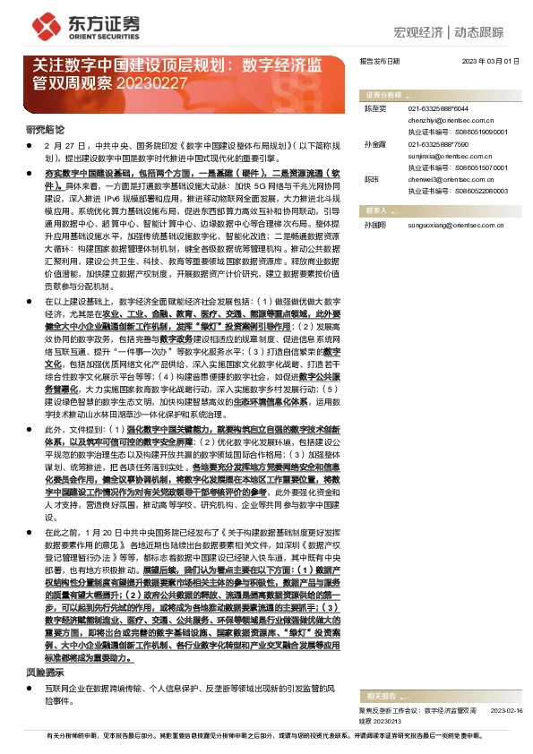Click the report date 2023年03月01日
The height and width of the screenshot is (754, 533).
(x=490, y=62)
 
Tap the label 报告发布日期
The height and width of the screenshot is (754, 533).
(x=379, y=62)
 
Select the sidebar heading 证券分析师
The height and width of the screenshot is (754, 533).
(x=384, y=94)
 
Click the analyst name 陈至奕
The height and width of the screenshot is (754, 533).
(x=374, y=107)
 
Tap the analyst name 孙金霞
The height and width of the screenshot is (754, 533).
(x=374, y=143)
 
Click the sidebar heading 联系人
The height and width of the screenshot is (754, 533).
(x=376, y=210)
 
